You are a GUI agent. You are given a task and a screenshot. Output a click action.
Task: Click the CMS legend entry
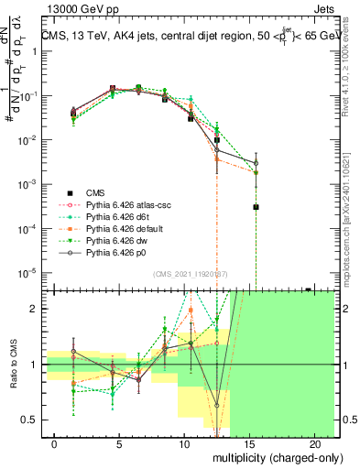96,192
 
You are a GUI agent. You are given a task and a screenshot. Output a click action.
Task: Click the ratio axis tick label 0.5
33,420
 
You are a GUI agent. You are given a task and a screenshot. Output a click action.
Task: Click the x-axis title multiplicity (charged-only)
272,457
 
